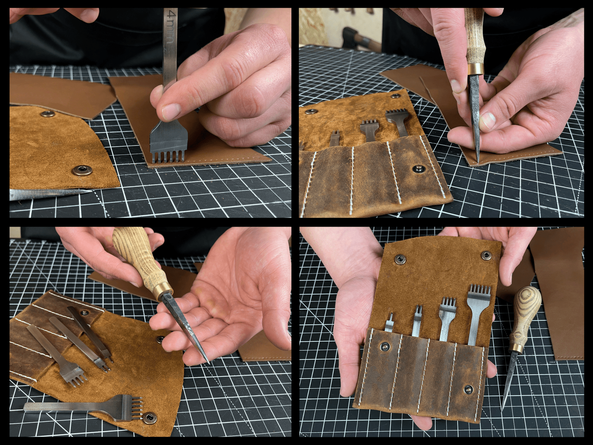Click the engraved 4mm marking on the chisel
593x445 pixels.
pos(172,27)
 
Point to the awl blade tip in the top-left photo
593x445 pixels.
pos(89,191)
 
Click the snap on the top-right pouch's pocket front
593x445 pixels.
pos(419,169)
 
